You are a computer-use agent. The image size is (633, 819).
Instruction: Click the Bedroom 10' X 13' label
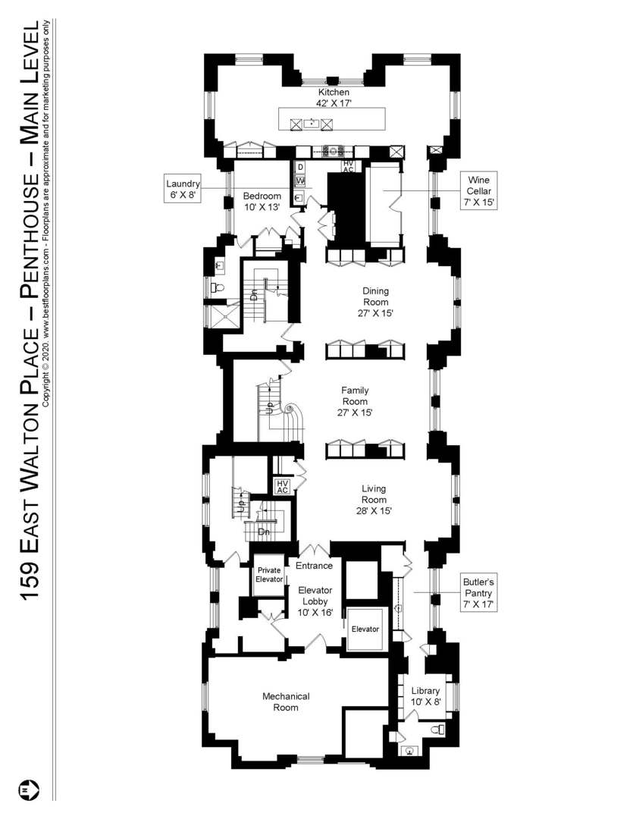(x=262, y=201)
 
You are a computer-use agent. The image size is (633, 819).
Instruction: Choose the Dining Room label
(x=376, y=301)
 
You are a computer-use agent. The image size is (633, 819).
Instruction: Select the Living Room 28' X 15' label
(x=374, y=500)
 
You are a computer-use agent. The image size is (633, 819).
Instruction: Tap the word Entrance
(x=314, y=566)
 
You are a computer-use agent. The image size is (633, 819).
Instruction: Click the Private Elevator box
(x=270, y=575)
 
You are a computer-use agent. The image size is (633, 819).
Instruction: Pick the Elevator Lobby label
(x=315, y=601)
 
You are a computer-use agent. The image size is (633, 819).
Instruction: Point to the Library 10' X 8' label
(x=425, y=696)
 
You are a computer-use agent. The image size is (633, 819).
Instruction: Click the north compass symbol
(x=29, y=789)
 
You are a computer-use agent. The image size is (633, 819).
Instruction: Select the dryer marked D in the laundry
(x=300, y=167)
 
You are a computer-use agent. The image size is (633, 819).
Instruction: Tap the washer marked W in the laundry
(x=300, y=181)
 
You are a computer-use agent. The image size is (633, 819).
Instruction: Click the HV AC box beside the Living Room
(x=283, y=487)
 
